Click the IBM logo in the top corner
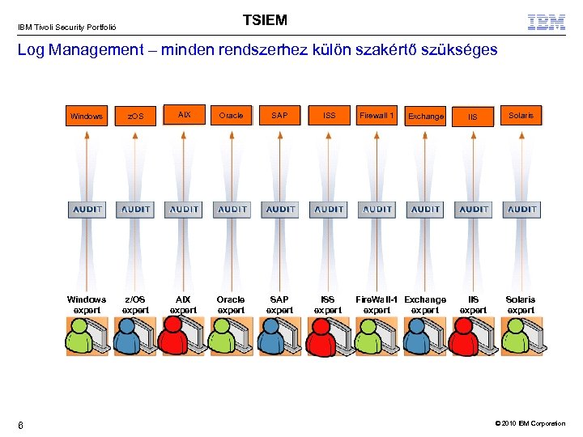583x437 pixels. pos(547,22)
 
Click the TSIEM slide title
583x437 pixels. pos(265,20)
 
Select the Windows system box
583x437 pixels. pos(87,116)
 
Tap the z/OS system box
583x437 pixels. pos(135,117)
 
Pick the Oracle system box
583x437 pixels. pos(232,116)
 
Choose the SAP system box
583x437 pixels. pos(279,116)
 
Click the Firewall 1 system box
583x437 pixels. pos(377,116)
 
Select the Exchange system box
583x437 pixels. pos(426,117)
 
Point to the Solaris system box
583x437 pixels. pos(521,116)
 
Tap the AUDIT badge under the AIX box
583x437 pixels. pos(184,209)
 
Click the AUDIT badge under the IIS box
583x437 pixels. pos(474,209)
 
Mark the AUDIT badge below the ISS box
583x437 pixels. pos(329,209)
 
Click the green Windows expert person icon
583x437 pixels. pos(80,335)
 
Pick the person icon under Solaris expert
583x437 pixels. pos(515,335)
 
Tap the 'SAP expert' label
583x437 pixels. pos(280,304)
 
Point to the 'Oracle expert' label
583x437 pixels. pos(232,304)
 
